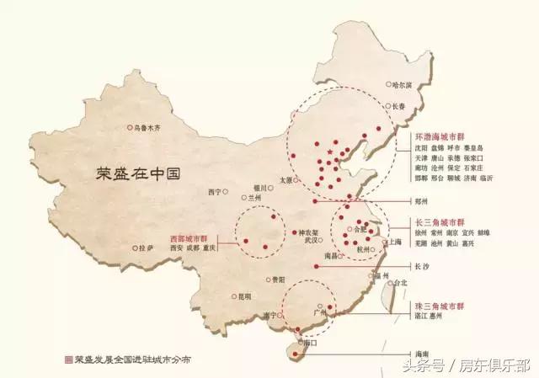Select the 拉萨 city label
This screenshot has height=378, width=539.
[x=146, y=248]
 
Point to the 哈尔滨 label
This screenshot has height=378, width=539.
[x=403, y=84]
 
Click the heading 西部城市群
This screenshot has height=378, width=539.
[x=194, y=238]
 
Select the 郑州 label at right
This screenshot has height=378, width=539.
[x=422, y=202]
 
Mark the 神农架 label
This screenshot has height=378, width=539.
[x=308, y=232]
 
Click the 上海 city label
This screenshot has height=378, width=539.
[x=393, y=242]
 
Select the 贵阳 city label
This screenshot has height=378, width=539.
[x=277, y=279]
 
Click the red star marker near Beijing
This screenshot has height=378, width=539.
[x=328, y=149]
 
